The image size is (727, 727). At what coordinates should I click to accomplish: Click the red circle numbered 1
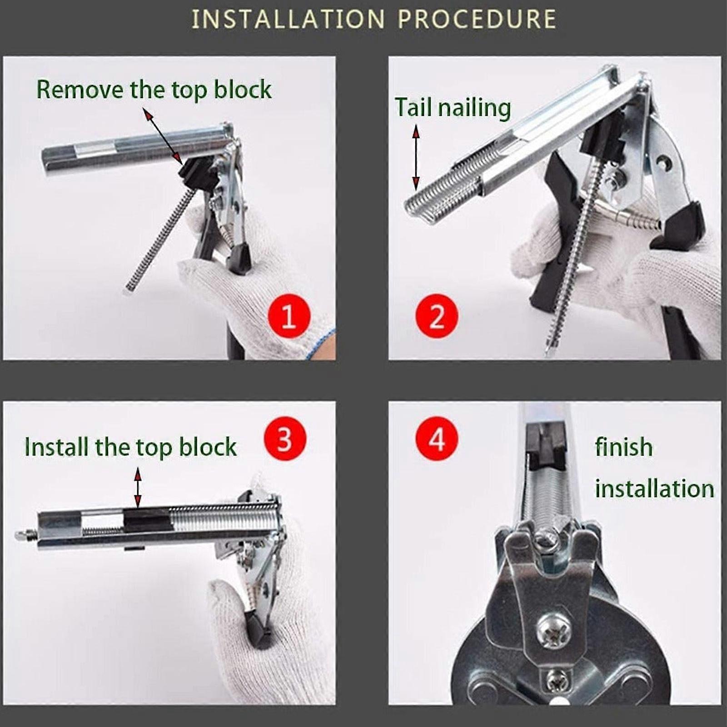pyautogui.click(x=289, y=316)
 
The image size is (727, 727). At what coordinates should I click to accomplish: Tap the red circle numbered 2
pyautogui.click(x=437, y=316)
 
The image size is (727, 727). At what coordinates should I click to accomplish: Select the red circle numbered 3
pyautogui.click(x=285, y=439)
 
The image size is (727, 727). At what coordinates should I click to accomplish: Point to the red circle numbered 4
pyautogui.click(x=437, y=439)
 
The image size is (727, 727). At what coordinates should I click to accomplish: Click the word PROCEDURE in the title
pyautogui.click(x=477, y=20)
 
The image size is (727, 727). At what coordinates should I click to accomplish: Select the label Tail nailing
pyautogui.click(x=453, y=108)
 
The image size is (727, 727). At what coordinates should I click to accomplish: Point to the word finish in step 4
pyautogui.click(x=624, y=447)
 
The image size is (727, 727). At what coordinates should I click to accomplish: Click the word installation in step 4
pyautogui.click(x=655, y=489)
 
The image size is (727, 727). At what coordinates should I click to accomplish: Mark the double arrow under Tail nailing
pyautogui.click(x=416, y=158)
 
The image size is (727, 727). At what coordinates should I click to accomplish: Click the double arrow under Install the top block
pyautogui.click(x=138, y=488)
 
